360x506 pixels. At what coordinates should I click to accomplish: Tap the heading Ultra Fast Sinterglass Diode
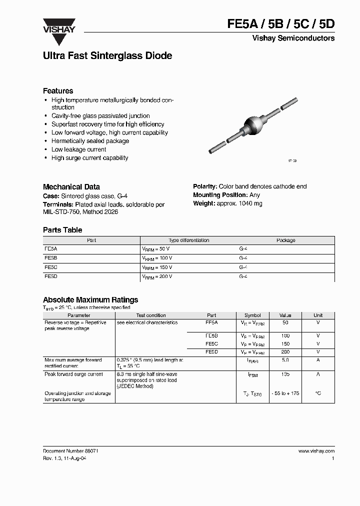tap(107, 56)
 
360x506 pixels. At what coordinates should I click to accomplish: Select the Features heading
tap(58, 91)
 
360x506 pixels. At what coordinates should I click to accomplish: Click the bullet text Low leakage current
tap(78, 149)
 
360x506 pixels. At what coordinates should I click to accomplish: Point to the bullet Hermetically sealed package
tap(90, 141)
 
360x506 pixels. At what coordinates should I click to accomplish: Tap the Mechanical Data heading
tap(71, 186)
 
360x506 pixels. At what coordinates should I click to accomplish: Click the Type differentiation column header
tap(189, 240)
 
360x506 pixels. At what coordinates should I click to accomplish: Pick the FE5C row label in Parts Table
tap(51, 267)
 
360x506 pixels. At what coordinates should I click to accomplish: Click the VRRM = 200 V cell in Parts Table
tap(157, 276)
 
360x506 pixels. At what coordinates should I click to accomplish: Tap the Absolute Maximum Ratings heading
tap(90, 300)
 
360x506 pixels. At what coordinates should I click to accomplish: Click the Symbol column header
tap(252, 315)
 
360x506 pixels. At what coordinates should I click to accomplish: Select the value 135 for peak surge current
tap(285, 374)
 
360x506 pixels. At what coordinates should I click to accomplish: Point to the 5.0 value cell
tap(285, 360)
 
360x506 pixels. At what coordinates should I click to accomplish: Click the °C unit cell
tap(318, 393)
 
